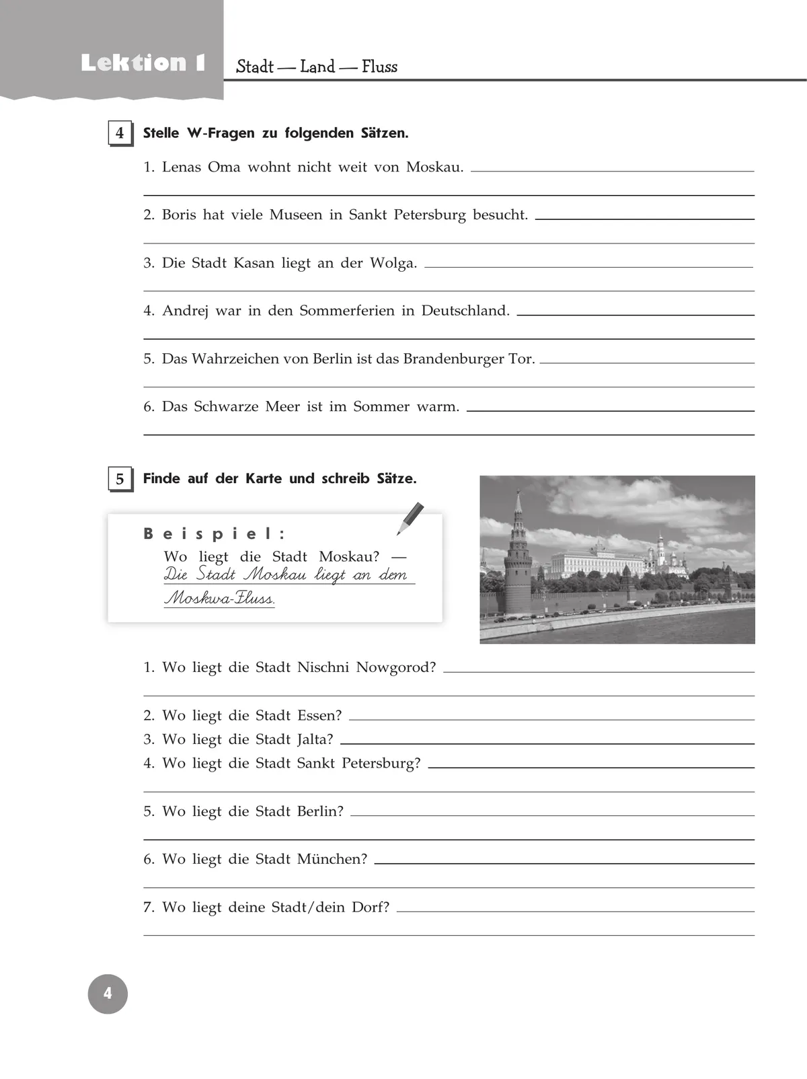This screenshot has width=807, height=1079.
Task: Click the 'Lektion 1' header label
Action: (x=143, y=63)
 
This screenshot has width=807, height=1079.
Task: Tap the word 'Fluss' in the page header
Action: (x=379, y=67)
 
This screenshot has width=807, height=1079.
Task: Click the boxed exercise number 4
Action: (x=120, y=133)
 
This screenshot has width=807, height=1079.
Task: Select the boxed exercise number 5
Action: (x=120, y=479)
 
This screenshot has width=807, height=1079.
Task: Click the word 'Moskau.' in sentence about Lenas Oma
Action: (x=434, y=168)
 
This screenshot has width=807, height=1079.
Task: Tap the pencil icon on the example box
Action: (x=410, y=519)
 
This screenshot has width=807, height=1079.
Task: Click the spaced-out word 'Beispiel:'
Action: (x=215, y=534)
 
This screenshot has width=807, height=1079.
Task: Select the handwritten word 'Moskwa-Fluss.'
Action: (x=219, y=597)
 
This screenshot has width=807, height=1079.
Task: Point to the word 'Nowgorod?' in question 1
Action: (x=395, y=668)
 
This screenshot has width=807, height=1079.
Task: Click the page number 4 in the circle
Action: (x=108, y=994)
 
